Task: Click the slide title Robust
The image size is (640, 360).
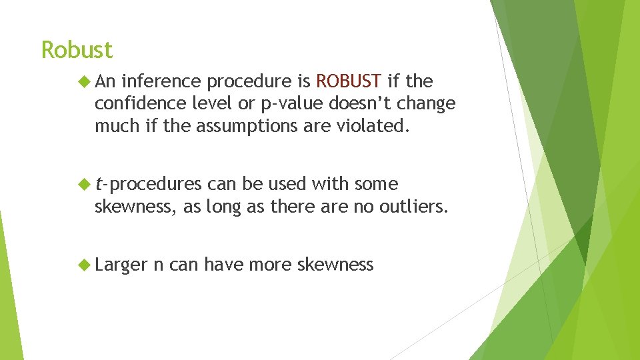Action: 77,50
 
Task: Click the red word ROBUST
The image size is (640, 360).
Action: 349,82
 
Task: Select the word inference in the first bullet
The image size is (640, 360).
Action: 161,82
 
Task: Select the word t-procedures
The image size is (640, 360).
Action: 148,185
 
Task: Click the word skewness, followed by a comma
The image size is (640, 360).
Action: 137,207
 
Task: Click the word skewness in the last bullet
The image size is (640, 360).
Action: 335,265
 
